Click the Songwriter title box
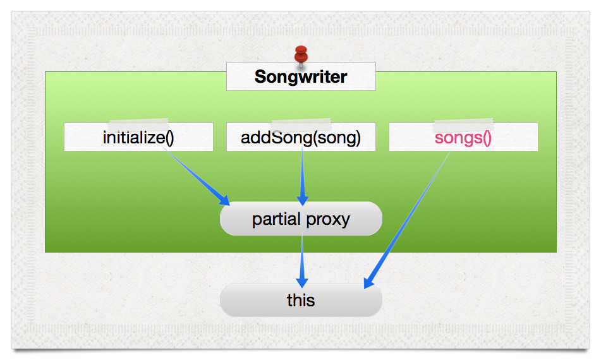click(x=301, y=76)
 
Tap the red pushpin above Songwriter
click(x=301, y=55)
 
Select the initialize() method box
click(x=138, y=137)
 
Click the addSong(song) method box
click(x=301, y=137)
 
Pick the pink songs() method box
click(x=463, y=137)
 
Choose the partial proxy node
click(x=301, y=219)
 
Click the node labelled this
click(x=301, y=300)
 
